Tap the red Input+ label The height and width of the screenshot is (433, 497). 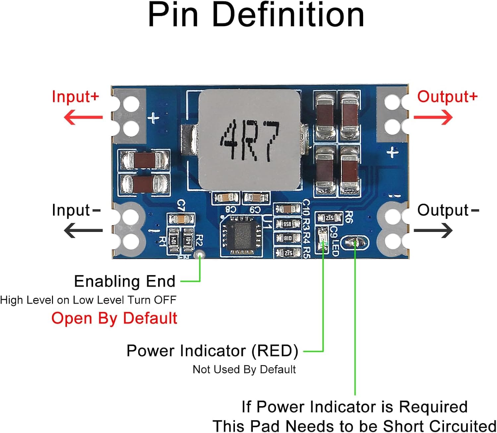point(76,96)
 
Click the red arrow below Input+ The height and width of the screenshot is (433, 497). point(83,117)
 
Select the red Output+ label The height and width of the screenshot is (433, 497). point(447,96)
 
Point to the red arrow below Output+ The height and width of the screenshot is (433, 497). point(433,117)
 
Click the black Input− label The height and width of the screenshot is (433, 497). point(76,210)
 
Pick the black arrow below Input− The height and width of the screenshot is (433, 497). point(83,231)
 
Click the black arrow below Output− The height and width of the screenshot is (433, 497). point(433,231)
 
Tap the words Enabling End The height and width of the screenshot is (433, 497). point(125,281)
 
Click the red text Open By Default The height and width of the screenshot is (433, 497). point(114,318)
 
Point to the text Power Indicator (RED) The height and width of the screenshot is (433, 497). point(212,351)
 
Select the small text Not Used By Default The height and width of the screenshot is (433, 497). point(244,369)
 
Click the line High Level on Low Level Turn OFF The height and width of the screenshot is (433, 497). point(88,300)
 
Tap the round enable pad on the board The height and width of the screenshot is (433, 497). point(200,255)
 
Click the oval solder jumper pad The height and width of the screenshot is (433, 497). point(355,243)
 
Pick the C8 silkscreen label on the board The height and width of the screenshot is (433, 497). point(231,209)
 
